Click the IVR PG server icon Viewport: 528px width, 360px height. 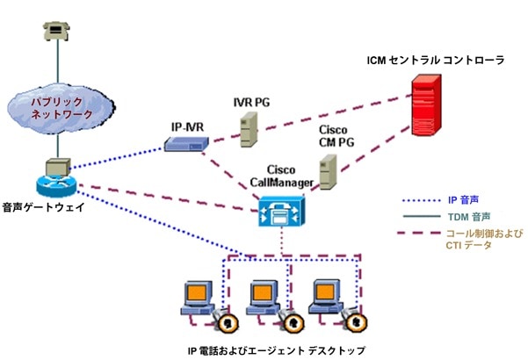(250, 128)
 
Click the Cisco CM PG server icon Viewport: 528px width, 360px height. (329, 173)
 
